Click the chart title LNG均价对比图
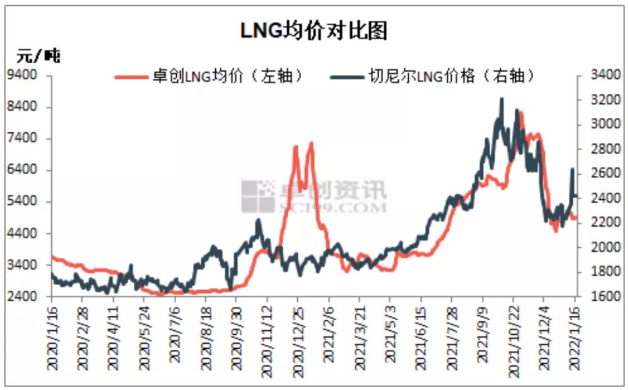click(x=314, y=30)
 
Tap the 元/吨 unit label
click(x=38, y=56)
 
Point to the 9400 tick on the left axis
click(x=26, y=75)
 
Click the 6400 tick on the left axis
click(x=26, y=171)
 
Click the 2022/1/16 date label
click(x=575, y=335)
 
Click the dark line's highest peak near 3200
click(x=501, y=99)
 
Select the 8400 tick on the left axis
click(x=26, y=107)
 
